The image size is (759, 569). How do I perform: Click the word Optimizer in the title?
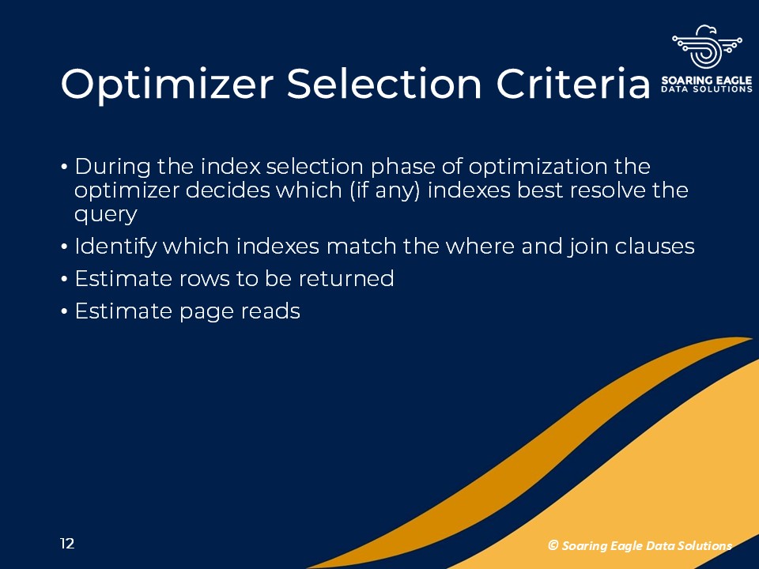[x=167, y=85]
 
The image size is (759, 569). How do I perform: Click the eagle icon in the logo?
[x=707, y=47]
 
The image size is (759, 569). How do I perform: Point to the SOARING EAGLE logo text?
[x=707, y=81]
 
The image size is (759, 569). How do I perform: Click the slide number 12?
[x=67, y=544]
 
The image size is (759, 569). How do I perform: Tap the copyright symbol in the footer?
[x=553, y=545]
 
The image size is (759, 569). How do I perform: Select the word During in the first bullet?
[x=113, y=168]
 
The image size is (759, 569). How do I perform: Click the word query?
[x=105, y=215]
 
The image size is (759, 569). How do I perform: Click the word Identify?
[x=115, y=247]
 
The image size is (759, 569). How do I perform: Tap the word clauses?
[x=655, y=247]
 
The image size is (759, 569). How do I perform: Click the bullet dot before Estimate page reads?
[x=64, y=311]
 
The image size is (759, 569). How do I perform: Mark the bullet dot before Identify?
[x=64, y=247]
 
